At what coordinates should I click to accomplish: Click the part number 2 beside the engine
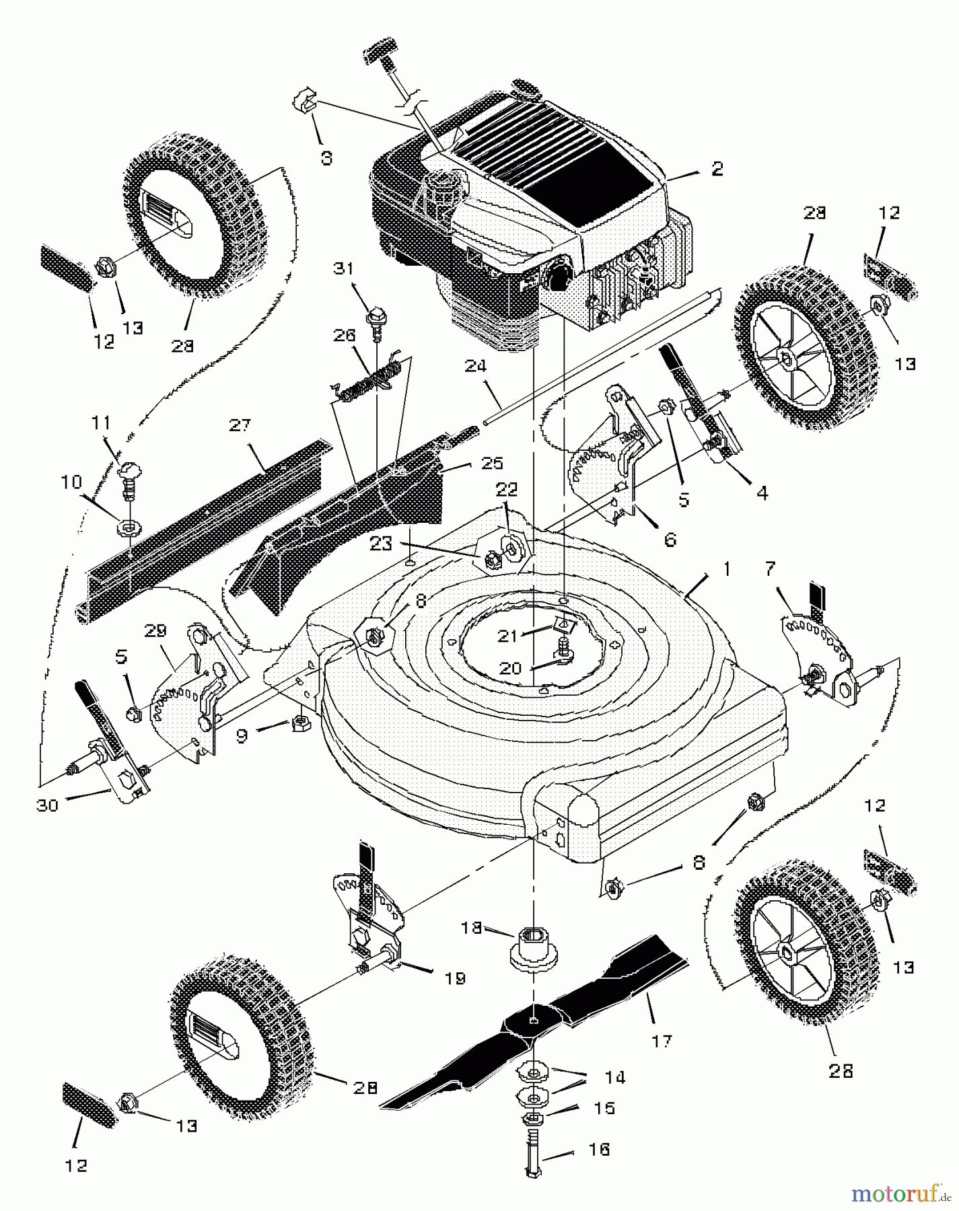717,168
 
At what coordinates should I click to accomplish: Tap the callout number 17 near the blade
662,1041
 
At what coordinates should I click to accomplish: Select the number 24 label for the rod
474,367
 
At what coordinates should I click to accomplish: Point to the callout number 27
240,425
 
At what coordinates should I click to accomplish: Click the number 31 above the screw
344,268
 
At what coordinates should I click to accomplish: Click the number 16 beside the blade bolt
599,1149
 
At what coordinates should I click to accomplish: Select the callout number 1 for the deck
726,568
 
